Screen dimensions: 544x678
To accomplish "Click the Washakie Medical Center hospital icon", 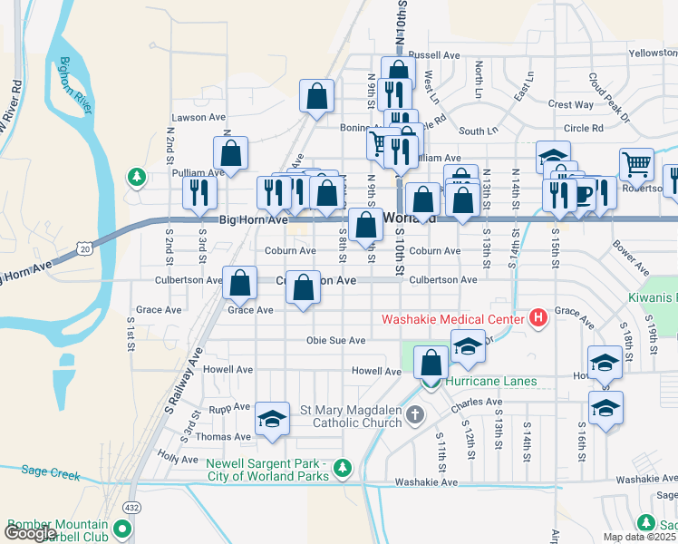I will [x=538, y=318].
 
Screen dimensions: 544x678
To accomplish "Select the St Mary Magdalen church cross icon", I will [x=415, y=416].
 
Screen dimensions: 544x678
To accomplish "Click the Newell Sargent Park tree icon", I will [x=343, y=468].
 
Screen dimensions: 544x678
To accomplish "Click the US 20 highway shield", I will [x=84, y=247].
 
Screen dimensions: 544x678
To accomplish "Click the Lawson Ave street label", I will [x=199, y=118].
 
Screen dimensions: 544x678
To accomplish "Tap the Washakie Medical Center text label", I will [x=451, y=318].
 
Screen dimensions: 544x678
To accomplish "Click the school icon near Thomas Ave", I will [x=272, y=419].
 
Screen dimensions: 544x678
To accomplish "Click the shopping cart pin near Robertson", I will [x=637, y=165].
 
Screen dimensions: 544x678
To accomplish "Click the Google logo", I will [x=30, y=534].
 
